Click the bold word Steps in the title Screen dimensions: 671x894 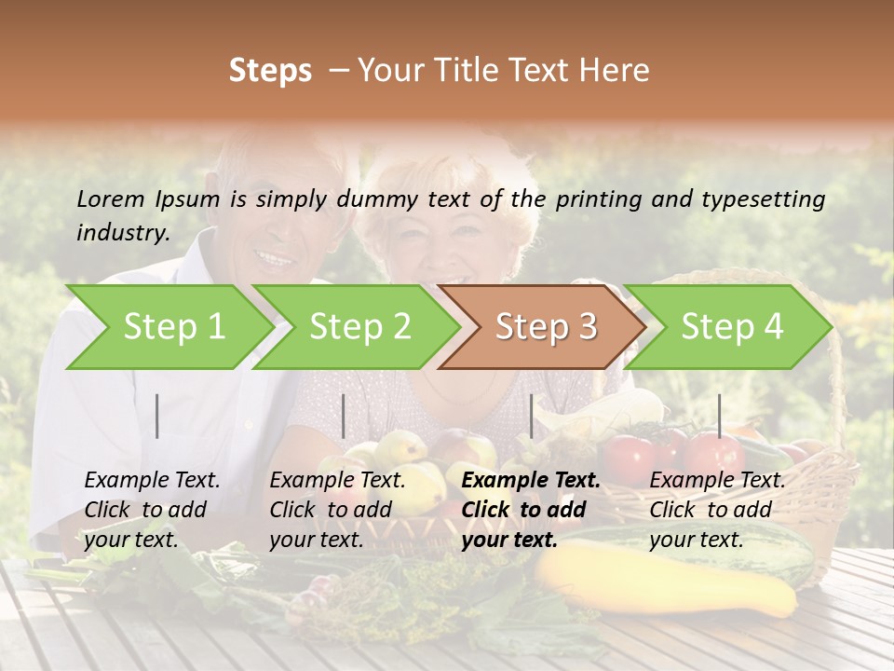[x=270, y=71]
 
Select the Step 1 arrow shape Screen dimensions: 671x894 [x=168, y=327]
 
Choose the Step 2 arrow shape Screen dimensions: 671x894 [x=356, y=327]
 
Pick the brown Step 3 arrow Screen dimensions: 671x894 [x=542, y=327]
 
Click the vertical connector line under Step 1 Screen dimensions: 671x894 [x=157, y=416]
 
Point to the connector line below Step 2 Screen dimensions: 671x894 [x=344, y=416]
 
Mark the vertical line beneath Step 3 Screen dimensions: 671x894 [x=532, y=416]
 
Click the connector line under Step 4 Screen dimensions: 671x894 [x=719, y=416]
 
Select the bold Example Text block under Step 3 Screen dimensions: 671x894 [x=530, y=510]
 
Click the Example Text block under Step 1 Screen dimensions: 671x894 [x=152, y=510]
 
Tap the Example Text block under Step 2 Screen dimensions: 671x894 [x=337, y=510]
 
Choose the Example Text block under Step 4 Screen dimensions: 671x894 [x=716, y=510]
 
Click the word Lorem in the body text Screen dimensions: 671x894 [x=111, y=199]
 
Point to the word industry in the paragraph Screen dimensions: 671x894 [x=122, y=233]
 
